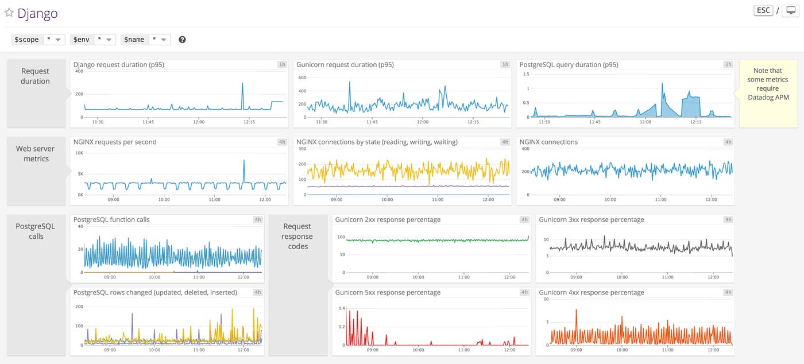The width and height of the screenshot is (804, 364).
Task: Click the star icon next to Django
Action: [x=9, y=13]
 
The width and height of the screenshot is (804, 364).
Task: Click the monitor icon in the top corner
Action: [x=790, y=11]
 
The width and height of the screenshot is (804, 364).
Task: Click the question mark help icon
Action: [x=182, y=40]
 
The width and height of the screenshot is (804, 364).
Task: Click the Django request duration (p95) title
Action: [x=119, y=65]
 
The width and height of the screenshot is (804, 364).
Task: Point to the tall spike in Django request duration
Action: [x=242, y=84]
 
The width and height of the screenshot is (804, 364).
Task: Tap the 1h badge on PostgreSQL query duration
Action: [x=728, y=65]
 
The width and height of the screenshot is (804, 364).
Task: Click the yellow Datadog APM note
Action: [x=768, y=84]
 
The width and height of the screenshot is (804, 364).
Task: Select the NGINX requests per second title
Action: [x=115, y=142]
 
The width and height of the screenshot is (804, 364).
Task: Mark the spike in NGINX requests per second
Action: [x=244, y=161]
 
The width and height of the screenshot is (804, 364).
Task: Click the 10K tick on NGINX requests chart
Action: [x=79, y=153]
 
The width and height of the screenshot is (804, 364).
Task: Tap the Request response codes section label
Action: [x=297, y=236]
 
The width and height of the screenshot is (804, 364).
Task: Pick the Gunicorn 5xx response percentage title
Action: [x=388, y=292]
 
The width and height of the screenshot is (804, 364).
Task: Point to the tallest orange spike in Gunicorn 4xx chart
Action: [x=577, y=311]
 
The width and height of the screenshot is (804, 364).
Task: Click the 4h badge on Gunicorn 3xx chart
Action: [x=728, y=220]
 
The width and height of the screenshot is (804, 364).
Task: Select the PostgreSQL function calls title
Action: [x=111, y=219]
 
